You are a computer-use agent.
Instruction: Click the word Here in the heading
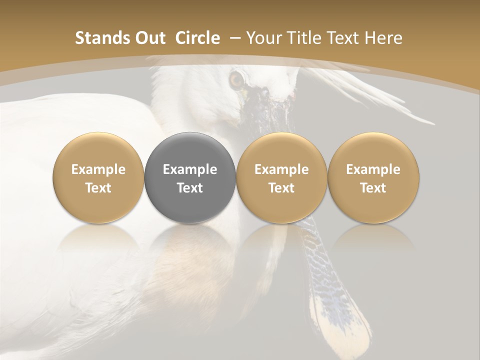coord(383,38)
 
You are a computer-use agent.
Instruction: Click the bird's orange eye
coord(236,79)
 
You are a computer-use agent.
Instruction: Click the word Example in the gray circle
coord(190,169)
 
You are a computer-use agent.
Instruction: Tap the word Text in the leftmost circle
coord(98,188)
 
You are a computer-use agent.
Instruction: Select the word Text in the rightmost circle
coord(373,188)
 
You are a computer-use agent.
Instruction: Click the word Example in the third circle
coord(281,169)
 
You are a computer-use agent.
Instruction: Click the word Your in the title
coord(263,38)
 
